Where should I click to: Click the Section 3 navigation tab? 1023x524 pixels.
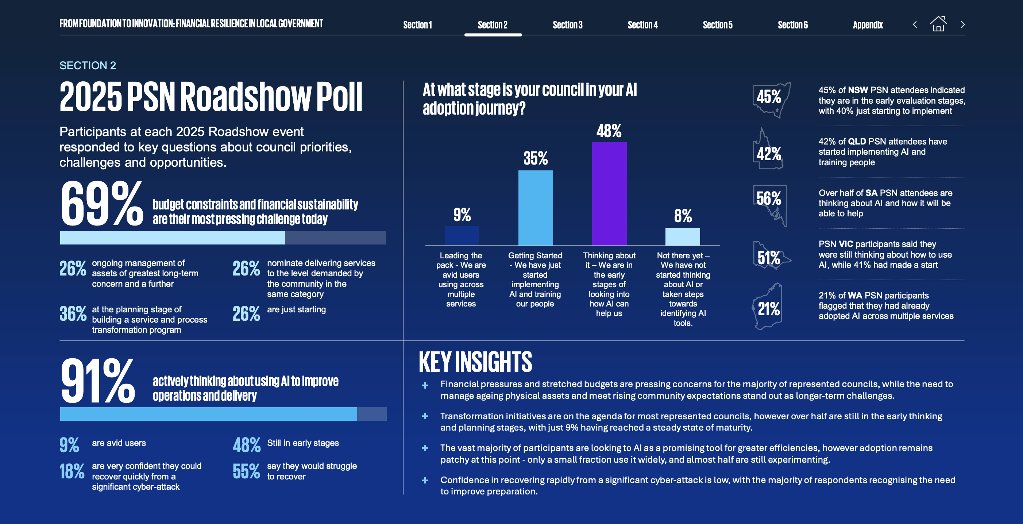(567, 24)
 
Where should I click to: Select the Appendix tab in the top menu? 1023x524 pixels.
(867, 24)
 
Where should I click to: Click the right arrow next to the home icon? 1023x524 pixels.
(963, 24)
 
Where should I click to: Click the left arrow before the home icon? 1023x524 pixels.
(915, 24)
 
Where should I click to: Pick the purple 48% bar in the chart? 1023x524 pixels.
(609, 193)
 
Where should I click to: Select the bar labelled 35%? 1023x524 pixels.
(535, 207)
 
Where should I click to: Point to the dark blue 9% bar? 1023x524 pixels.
(462, 236)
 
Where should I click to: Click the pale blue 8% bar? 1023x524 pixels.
(682, 236)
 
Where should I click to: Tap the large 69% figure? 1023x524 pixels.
(102, 204)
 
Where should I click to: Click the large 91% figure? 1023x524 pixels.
(98, 381)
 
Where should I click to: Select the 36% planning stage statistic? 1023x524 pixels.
(73, 313)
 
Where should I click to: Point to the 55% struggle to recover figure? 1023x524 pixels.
(246, 471)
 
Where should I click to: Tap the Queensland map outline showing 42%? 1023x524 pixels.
(768, 151)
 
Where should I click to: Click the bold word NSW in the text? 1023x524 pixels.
(857, 90)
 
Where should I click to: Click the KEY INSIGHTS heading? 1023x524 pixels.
(475, 362)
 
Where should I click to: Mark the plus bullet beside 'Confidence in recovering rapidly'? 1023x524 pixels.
(425, 480)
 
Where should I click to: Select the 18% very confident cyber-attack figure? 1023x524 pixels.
(72, 471)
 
